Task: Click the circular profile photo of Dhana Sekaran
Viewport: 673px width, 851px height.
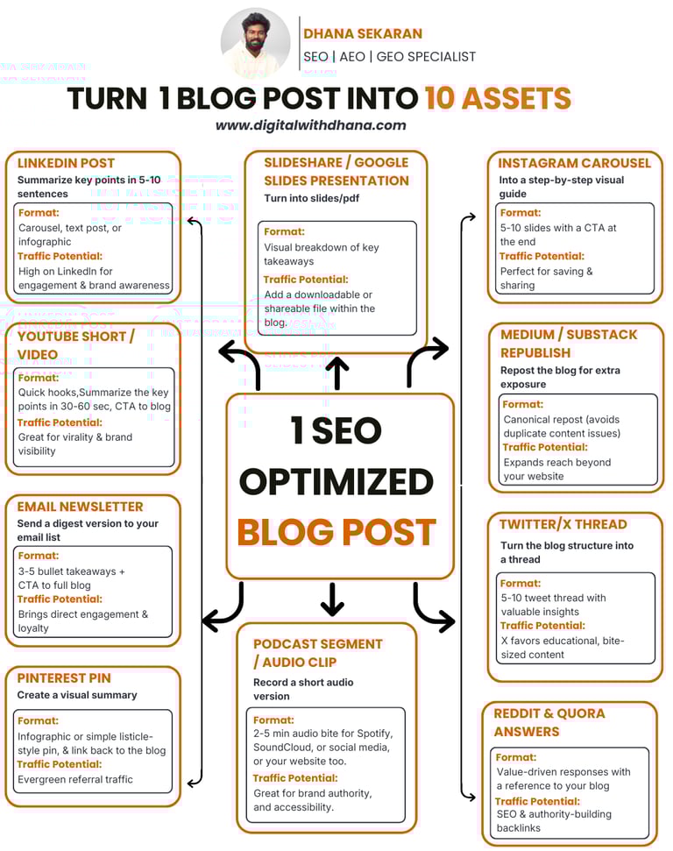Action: (255, 44)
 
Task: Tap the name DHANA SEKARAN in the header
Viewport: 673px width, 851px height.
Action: (363, 33)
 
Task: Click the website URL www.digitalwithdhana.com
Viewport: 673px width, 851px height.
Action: (311, 125)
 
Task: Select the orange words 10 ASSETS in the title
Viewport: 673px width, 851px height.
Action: (498, 98)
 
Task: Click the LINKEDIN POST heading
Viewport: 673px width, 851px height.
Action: (66, 163)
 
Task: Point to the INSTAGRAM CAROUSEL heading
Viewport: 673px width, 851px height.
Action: (574, 163)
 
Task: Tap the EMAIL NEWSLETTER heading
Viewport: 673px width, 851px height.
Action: (80, 507)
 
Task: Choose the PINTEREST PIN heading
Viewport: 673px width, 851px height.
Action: (64, 677)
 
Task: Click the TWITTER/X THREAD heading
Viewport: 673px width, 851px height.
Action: (563, 524)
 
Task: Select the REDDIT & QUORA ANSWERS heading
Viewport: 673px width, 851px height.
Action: (549, 722)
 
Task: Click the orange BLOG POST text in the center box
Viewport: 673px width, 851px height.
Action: (336, 532)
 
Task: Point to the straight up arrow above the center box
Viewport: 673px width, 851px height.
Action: (336, 372)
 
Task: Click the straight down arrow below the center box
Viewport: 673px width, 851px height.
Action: (332, 599)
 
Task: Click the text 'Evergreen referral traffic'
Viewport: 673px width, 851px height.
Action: (75, 779)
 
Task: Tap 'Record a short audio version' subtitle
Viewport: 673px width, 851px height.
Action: (303, 689)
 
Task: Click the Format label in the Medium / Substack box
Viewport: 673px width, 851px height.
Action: (522, 405)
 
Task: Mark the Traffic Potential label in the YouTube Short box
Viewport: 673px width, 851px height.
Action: (60, 422)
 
